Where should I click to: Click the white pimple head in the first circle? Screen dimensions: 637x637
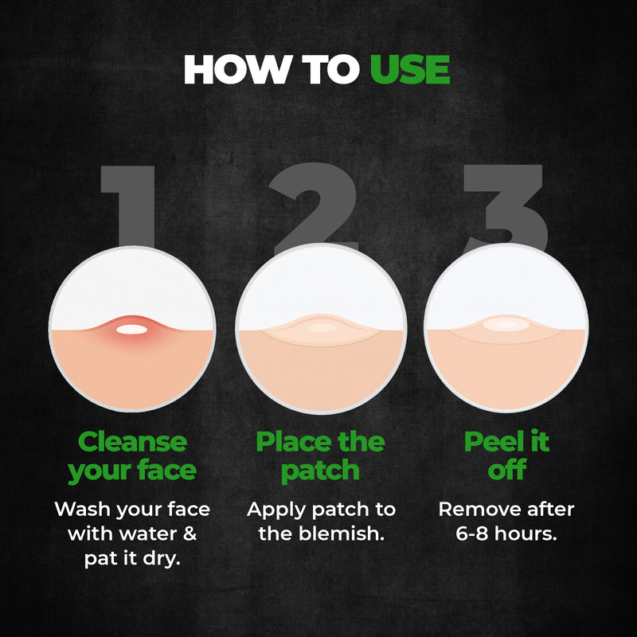click(x=132, y=328)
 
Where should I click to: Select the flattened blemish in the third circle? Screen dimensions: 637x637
click(x=506, y=325)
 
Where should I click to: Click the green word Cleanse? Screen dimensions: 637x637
click(x=132, y=441)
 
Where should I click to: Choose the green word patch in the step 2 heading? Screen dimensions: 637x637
click(x=320, y=471)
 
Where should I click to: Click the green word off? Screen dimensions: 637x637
click(x=506, y=470)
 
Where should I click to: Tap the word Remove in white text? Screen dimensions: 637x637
click(x=476, y=508)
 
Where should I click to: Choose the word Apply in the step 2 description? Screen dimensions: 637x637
click(x=272, y=509)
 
